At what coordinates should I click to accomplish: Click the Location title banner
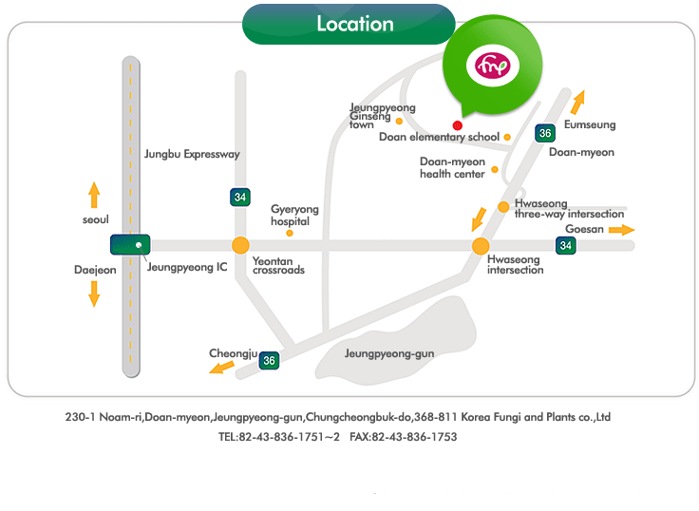[x=355, y=24]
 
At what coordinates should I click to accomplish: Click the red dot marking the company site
[x=458, y=125]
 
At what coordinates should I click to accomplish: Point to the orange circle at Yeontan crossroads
[x=240, y=245]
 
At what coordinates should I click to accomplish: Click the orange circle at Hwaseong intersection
[x=481, y=246]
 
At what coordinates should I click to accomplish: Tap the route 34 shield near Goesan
[x=566, y=246]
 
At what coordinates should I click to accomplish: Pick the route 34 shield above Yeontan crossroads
[x=240, y=197]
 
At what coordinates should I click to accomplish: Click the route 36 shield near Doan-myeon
[x=544, y=133]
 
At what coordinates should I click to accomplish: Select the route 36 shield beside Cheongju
[x=270, y=361]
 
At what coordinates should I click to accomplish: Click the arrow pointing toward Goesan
[x=622, y=230]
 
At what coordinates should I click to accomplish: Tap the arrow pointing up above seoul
[x=94, y=196]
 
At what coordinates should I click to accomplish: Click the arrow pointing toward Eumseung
[x=578, y=102]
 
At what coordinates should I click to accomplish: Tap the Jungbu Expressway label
[x=192, y=154]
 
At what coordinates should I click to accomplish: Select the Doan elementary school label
[x=439, y=138]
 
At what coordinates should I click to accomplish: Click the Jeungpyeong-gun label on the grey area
[x=389, y=354]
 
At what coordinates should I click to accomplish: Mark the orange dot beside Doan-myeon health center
[x=495, y=170]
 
